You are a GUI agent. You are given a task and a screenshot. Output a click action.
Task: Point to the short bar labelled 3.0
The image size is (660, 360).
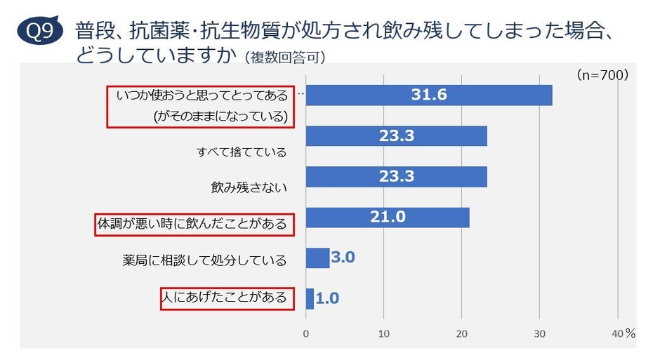click(317, 258)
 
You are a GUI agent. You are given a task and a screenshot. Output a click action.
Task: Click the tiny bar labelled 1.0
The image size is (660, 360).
click(310, 298)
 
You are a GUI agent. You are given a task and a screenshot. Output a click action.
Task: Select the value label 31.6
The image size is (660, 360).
click(429, 95)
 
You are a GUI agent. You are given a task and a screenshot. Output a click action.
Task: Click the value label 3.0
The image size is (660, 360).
click(343, 258)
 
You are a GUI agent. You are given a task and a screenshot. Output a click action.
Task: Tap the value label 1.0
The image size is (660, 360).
click(327, 298)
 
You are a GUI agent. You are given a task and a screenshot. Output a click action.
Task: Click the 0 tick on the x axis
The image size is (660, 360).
click(306, 334)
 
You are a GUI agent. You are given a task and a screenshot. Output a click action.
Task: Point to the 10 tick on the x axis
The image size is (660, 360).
click(384, 334)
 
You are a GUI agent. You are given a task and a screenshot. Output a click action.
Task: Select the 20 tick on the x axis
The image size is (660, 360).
click(462, 334)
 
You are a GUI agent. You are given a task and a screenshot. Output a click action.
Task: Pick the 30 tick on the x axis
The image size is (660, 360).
click(539, 334)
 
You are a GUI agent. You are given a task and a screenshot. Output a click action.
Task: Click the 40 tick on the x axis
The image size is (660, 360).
click(617, 334)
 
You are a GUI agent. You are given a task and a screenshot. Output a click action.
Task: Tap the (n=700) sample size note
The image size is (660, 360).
click(602, 74)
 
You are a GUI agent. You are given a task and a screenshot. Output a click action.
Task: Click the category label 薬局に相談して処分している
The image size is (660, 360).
click(204, 260)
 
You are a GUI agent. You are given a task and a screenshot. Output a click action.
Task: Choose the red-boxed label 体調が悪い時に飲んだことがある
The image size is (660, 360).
click(192, 225)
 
